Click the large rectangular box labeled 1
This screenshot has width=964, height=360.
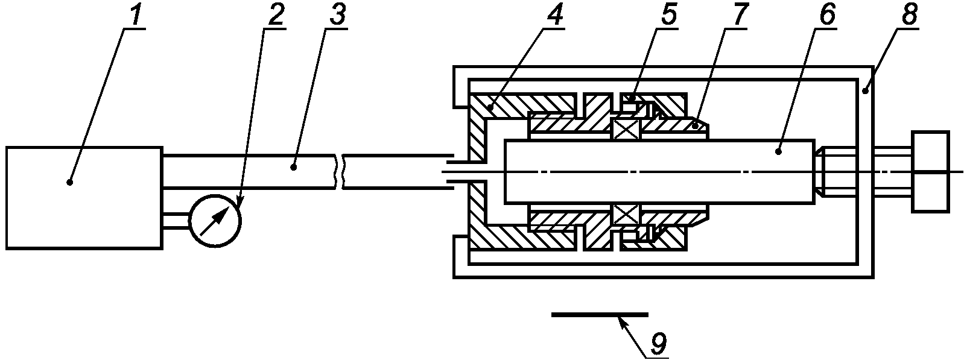point(84,197)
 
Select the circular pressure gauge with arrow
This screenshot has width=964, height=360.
point(215,221)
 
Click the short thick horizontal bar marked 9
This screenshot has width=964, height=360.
point(599,314)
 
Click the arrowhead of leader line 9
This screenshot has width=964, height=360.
point(621,320)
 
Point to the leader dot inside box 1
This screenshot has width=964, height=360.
point(71,181)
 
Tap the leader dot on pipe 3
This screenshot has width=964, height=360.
point(294,166)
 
